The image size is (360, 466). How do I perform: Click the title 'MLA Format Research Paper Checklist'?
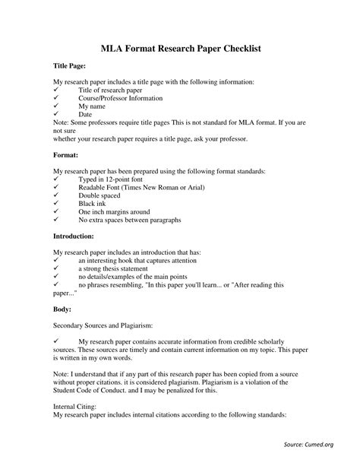[180, 47]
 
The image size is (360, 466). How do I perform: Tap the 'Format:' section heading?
[67, 154]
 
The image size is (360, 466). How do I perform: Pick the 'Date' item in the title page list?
[86, 116]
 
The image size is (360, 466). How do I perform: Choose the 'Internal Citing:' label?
[74, 407]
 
